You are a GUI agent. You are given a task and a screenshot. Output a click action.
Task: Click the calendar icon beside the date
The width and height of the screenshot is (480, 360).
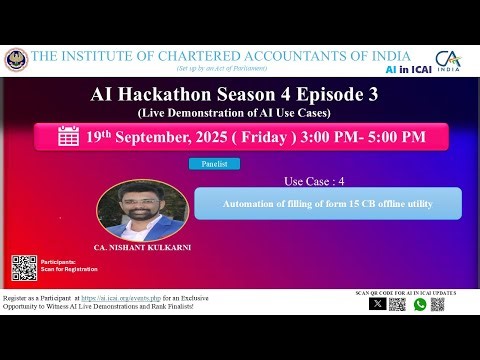[68, 136]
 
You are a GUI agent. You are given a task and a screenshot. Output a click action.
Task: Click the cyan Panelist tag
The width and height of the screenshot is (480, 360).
[214, 163]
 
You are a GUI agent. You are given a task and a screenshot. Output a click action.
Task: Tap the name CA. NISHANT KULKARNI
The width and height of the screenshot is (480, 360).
[143, 246]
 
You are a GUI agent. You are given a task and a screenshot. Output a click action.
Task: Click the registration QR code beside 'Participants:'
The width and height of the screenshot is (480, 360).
[25, 267]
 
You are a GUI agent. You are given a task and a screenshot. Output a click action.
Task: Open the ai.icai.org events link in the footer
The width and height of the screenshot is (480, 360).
[170, 297]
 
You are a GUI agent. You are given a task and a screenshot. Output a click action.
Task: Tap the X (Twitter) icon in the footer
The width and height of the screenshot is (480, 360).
[377, 304]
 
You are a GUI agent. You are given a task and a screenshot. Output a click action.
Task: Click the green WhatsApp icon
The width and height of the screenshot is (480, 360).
[420, 304]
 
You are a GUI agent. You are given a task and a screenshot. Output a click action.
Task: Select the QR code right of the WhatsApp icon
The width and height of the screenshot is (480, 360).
[442, 304]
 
